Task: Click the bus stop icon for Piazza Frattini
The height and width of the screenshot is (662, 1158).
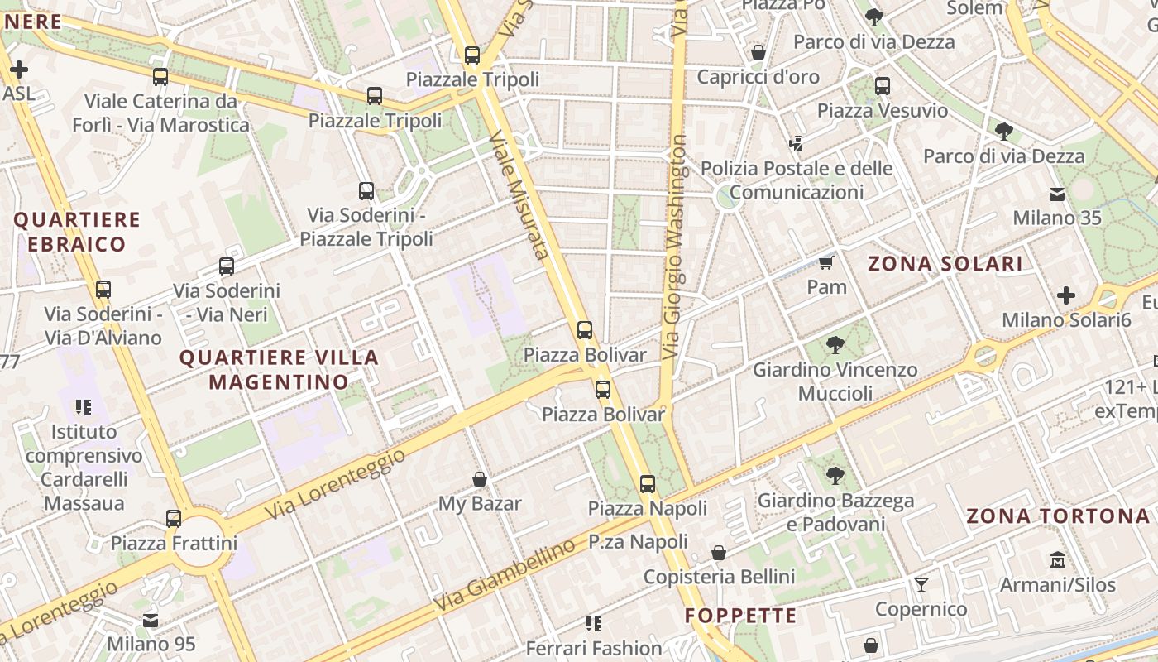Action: click(174, 519)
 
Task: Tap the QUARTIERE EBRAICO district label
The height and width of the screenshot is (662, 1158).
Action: click(77, 232)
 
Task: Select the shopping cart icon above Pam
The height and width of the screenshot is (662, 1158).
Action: click(825, 263)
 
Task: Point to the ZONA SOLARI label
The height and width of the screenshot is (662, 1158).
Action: click(945, 264)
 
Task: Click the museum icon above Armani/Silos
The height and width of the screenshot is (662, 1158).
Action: click(1057, 560)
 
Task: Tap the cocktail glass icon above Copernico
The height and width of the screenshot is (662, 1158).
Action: click(921, 585)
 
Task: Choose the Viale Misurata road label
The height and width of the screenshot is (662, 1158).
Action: click(519, 194)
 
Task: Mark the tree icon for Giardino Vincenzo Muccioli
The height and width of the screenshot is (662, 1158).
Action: click(835, 345)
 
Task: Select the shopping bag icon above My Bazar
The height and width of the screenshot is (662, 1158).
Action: click(479, 479)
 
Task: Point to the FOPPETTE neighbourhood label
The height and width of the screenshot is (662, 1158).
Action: click(741, 616)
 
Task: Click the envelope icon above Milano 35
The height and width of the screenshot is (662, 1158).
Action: click(1057, 194)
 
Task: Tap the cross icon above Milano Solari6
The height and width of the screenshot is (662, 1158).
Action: click(1066, 295)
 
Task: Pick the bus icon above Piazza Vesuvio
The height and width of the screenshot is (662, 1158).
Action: click(883, 86)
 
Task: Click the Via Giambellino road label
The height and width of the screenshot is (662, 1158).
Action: click(504, 576)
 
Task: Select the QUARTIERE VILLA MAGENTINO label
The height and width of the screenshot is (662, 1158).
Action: click(279, 370)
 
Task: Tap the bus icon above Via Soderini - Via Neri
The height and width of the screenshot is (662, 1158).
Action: click(227, 266)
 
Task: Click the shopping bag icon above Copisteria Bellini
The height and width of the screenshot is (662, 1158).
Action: click(719, 553)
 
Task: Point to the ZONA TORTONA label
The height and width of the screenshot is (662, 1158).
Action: click(1058, 516)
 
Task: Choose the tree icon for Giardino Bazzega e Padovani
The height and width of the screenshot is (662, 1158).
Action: click(835, 476)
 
